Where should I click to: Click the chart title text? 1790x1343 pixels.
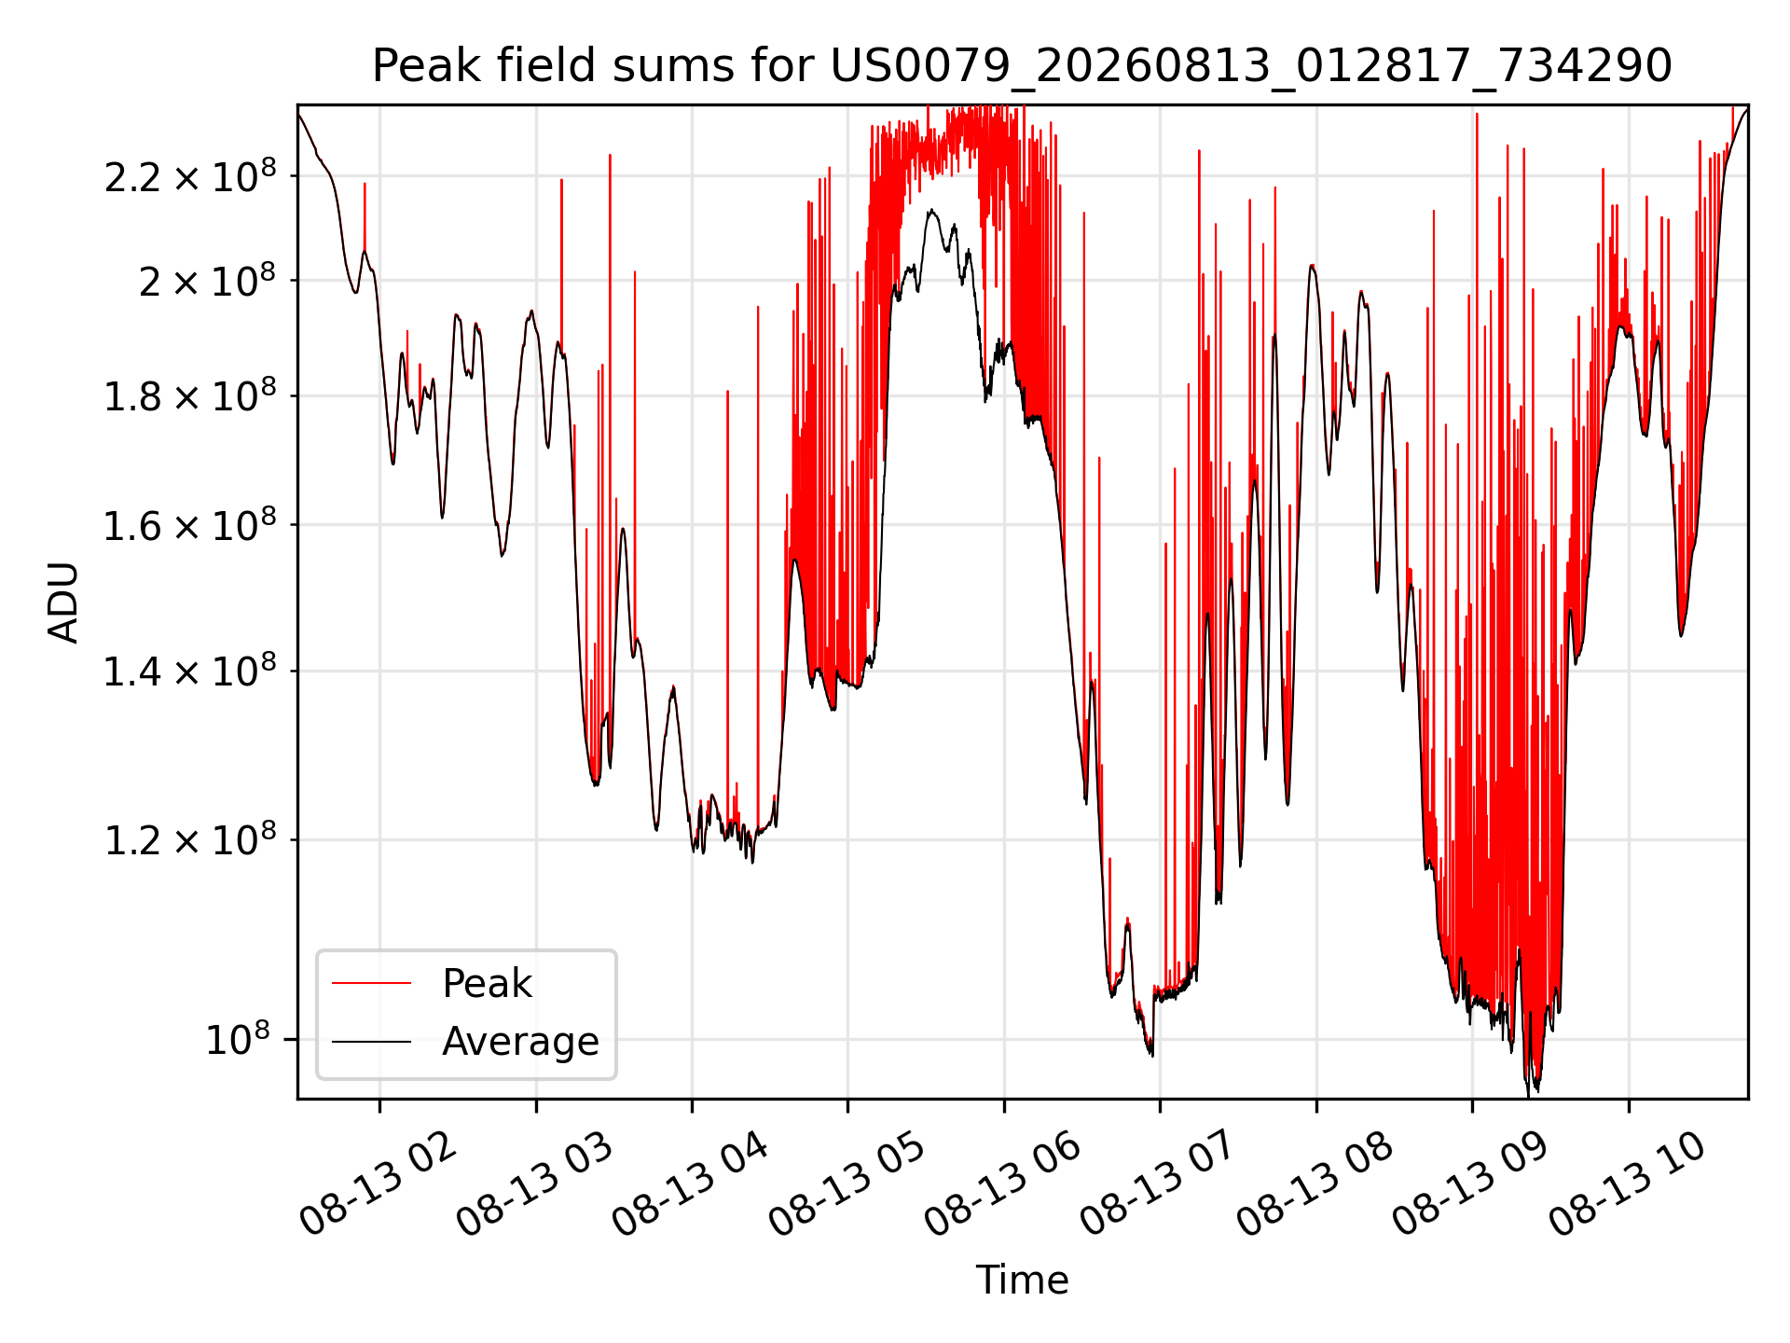(x=1022, y=66)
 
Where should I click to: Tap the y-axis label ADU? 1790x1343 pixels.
(x=63, y=602)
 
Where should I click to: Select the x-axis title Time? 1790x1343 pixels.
(x=1022, y=1280)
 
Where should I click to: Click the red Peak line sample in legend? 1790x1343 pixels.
(x=371, y=983)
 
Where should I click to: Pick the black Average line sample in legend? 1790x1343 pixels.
(x=371, y=1041)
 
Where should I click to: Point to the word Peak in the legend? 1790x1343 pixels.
(x=487, y=983)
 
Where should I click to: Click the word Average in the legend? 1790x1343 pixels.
(x=520, y=1041)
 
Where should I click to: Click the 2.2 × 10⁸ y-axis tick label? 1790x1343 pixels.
(x=190, y=176)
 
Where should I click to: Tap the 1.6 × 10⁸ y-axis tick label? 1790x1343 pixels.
(x=190, y=526)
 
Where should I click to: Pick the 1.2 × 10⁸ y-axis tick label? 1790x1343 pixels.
(x=190, y=840)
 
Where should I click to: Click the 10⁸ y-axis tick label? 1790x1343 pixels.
(x=238, y=1040)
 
